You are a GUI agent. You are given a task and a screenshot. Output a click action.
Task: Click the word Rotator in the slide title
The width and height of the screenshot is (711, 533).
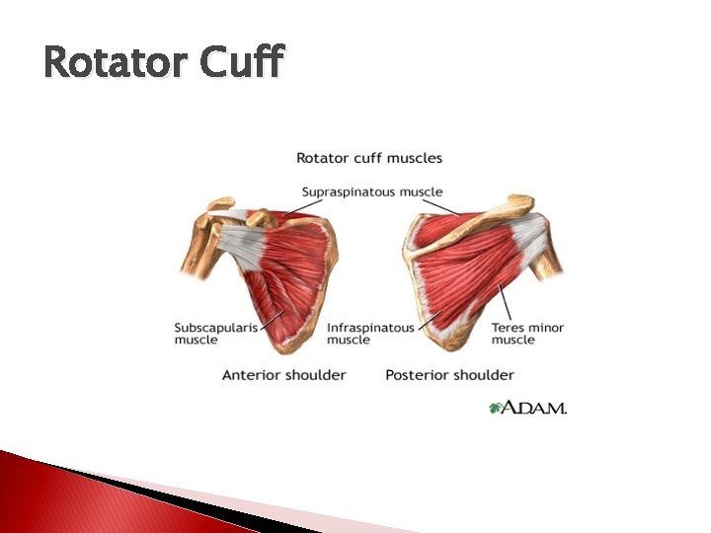tap(116, 63)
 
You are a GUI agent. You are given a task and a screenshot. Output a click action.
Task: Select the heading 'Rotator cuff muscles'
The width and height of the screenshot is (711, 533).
tap(369, 157)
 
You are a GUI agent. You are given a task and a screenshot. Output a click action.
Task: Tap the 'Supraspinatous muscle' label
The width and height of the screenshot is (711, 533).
tap(371, 191)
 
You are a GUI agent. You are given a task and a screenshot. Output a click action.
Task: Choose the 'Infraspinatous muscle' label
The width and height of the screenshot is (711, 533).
tap(370, 333)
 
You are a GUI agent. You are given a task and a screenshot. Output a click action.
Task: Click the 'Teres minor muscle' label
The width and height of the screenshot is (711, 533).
tap(527, 333)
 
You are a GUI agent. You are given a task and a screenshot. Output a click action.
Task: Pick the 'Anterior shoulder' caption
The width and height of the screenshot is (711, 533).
tap(283, 374)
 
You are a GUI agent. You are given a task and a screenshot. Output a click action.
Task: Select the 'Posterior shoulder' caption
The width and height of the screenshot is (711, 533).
tap(449, 374)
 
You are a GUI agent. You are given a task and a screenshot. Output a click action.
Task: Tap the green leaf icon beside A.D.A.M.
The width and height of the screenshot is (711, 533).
tap(497, 407)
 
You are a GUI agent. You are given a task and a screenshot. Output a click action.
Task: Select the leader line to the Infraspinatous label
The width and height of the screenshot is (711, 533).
tap(429, 319)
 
